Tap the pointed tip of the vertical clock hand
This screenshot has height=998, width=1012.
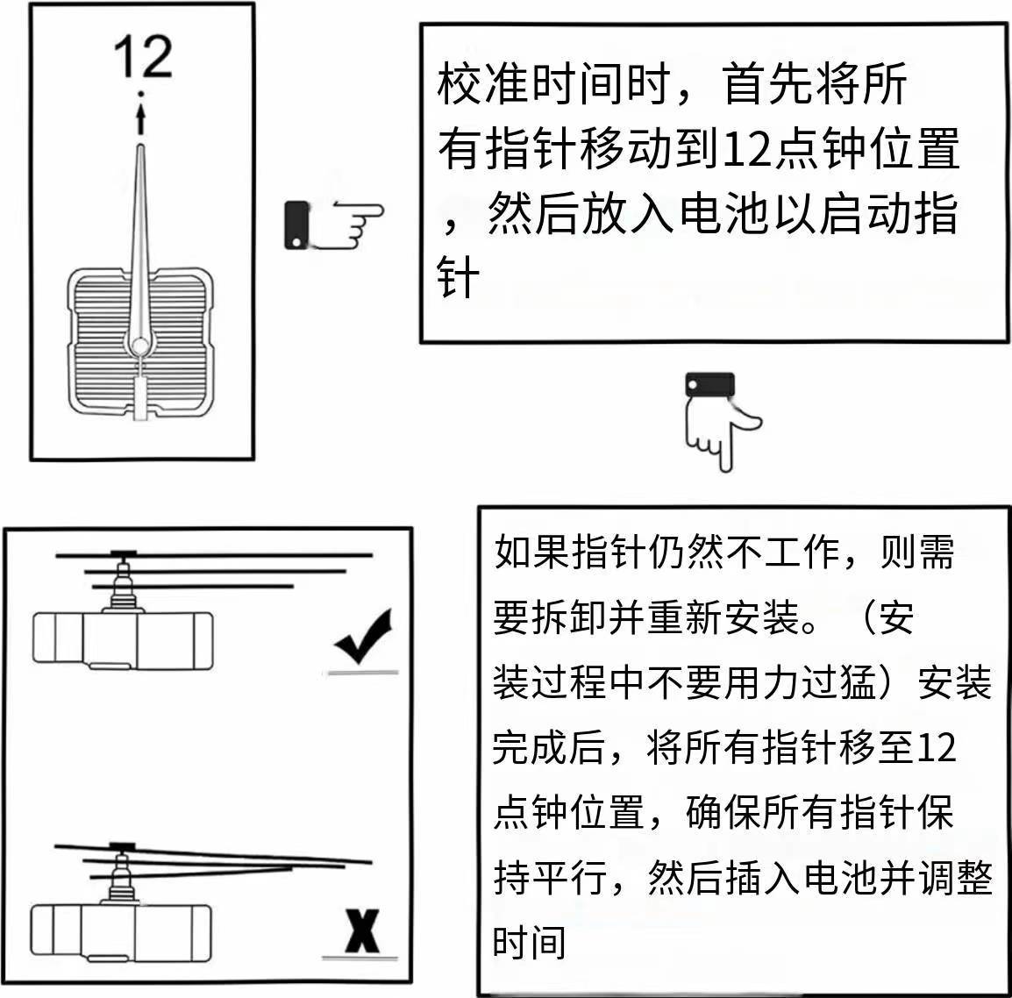pyautogui.click(x=141, y=151)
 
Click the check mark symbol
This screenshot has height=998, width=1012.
pyautogui.click(x=362, y=638)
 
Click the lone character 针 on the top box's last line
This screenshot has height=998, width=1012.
pyautogui.click(x=459, y=279)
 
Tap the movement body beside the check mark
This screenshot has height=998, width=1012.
pyautogui.click(x=123, y=638)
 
